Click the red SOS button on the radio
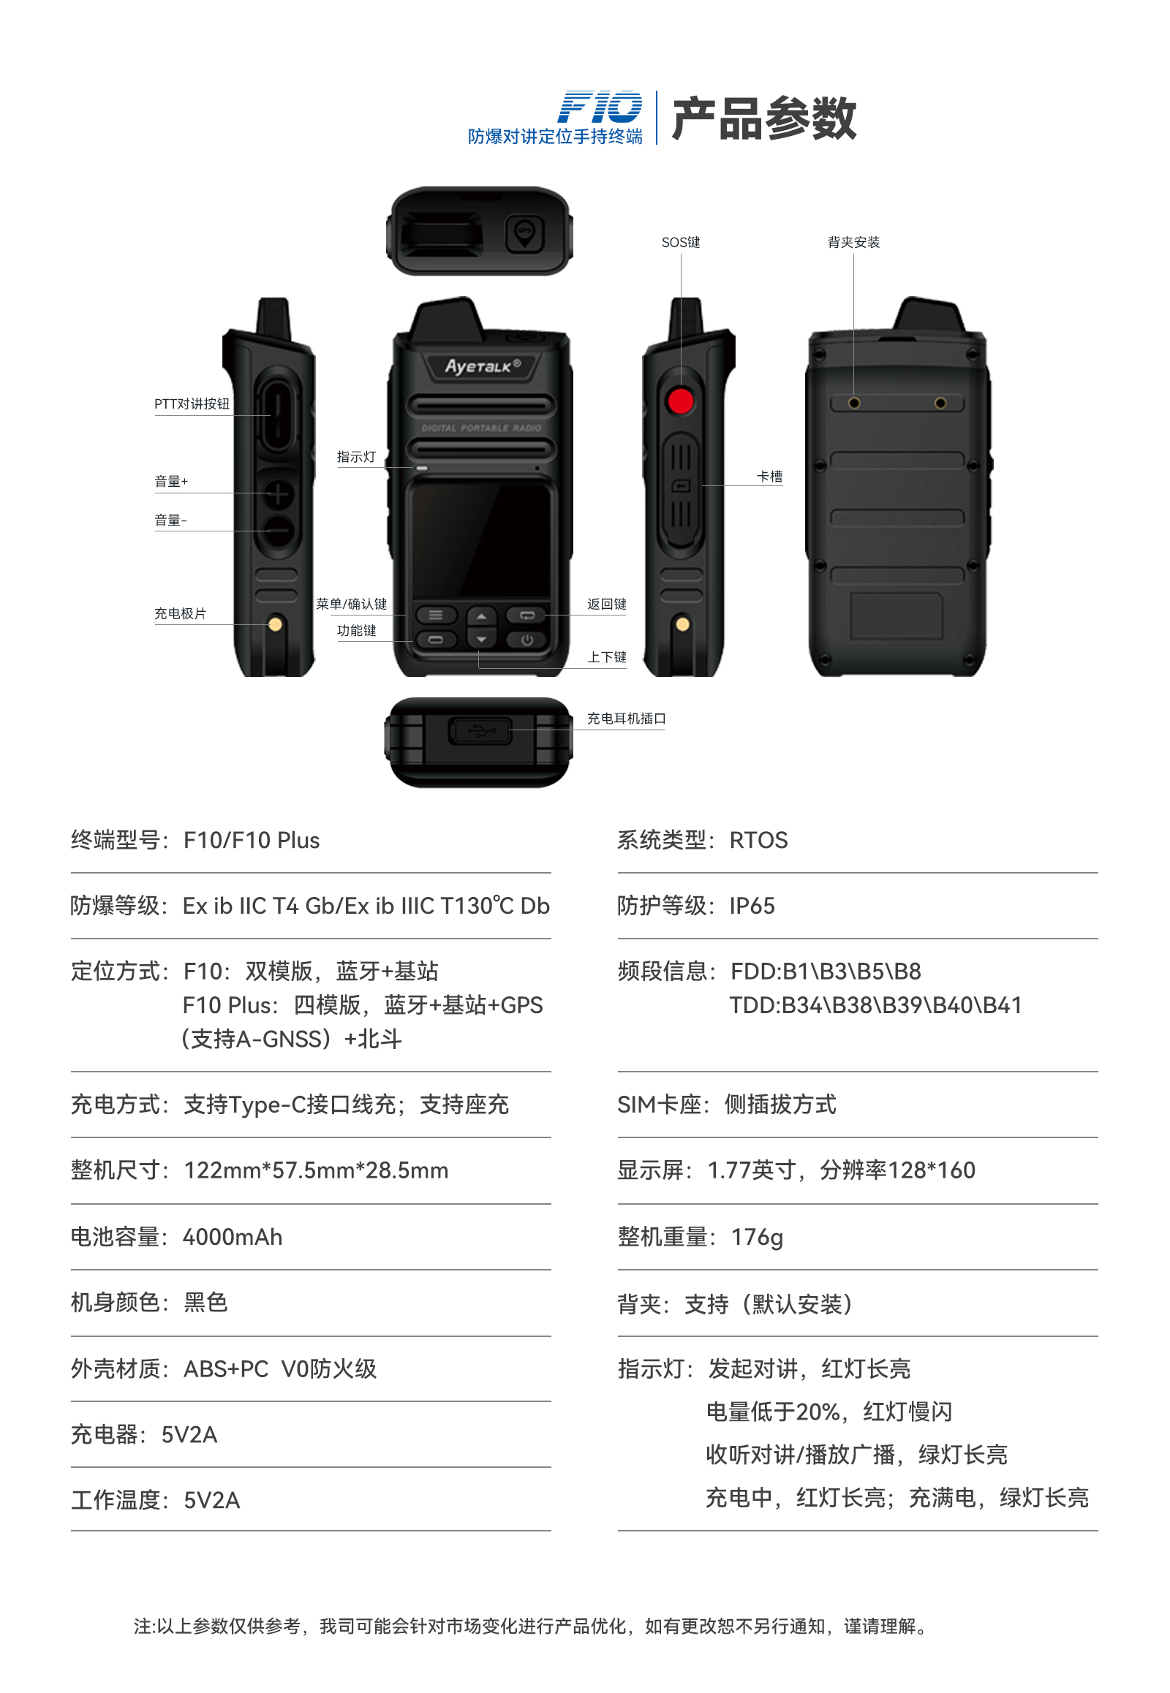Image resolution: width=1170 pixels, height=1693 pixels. pos(680,401)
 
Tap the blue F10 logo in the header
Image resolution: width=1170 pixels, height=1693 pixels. pos(600,107)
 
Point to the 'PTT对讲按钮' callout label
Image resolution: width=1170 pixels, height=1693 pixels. pos(192,404)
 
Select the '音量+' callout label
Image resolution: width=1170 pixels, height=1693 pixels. pos(171,481)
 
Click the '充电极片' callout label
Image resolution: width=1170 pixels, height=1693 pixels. pos(181,613)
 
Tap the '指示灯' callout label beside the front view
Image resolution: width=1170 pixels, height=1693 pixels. pos(356,457)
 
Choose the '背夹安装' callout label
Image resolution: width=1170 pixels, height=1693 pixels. pos(853,242)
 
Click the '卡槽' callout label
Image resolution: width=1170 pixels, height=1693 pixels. pos(770,477)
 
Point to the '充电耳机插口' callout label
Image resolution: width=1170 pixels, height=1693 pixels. pos(626,719)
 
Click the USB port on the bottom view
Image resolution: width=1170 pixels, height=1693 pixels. pos(480,730)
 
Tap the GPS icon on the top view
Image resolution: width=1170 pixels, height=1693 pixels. pos(525,234)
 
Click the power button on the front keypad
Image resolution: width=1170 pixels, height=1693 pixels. pos(526,640)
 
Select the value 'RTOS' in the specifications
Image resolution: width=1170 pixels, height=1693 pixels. pos(759,840)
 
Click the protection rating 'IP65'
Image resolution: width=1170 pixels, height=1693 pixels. pos(752,906)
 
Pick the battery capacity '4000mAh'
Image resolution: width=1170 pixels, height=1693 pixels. pos(233,1237)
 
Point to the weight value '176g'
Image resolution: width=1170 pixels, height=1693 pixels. pos(758,1238)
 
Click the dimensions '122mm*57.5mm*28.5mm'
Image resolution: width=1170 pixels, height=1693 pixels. pos(316,1170)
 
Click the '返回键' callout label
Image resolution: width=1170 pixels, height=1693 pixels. pos(607,604)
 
